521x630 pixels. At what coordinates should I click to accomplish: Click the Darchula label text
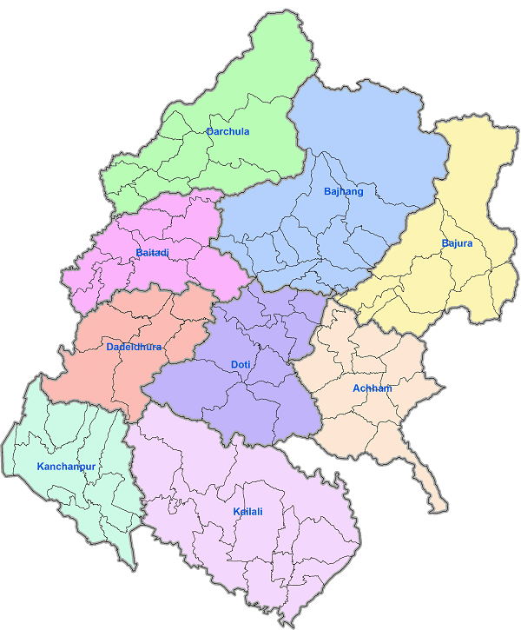click(x=228, y=131)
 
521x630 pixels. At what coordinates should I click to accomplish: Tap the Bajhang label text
click(x=343, y=191)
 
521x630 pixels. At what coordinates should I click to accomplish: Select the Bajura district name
click(x=457, y=243)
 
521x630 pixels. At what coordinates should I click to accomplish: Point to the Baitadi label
click(x=152, y=253)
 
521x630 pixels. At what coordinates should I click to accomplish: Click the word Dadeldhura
click(x=135, y=348)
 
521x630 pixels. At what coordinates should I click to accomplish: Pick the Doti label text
click(x=241, y=365)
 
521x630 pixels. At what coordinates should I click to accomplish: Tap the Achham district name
click(x=373, y=388)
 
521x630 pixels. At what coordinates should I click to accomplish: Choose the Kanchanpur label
click(x=66, y=467)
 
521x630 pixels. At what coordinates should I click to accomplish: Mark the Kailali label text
click(x=247, y=512)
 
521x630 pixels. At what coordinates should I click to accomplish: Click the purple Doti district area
click(x=260, y=400)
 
